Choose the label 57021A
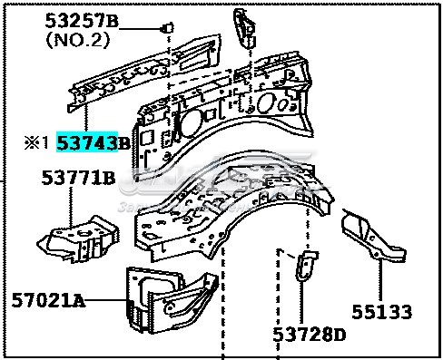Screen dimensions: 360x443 tap(48, 299)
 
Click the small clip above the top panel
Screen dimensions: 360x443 tap(167, 27)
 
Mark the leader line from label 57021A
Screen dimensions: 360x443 tap(104, 299)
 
